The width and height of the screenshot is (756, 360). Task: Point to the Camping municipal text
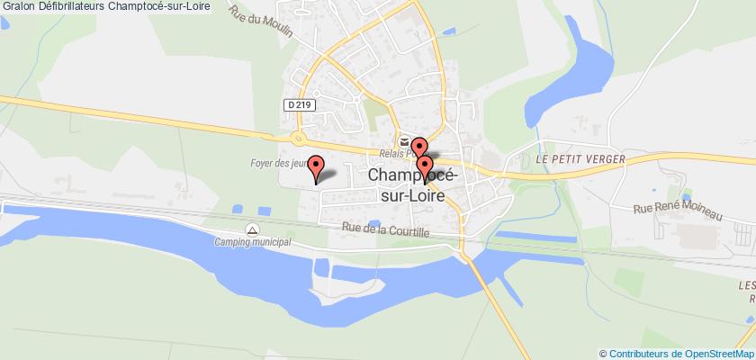pos(253,241)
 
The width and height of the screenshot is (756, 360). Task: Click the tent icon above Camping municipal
pos(254,227)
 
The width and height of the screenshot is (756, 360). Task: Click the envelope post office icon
pos(406,140)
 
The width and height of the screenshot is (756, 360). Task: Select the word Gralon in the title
pos(18,6)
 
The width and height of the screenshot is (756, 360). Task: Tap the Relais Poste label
pos(395,151)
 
